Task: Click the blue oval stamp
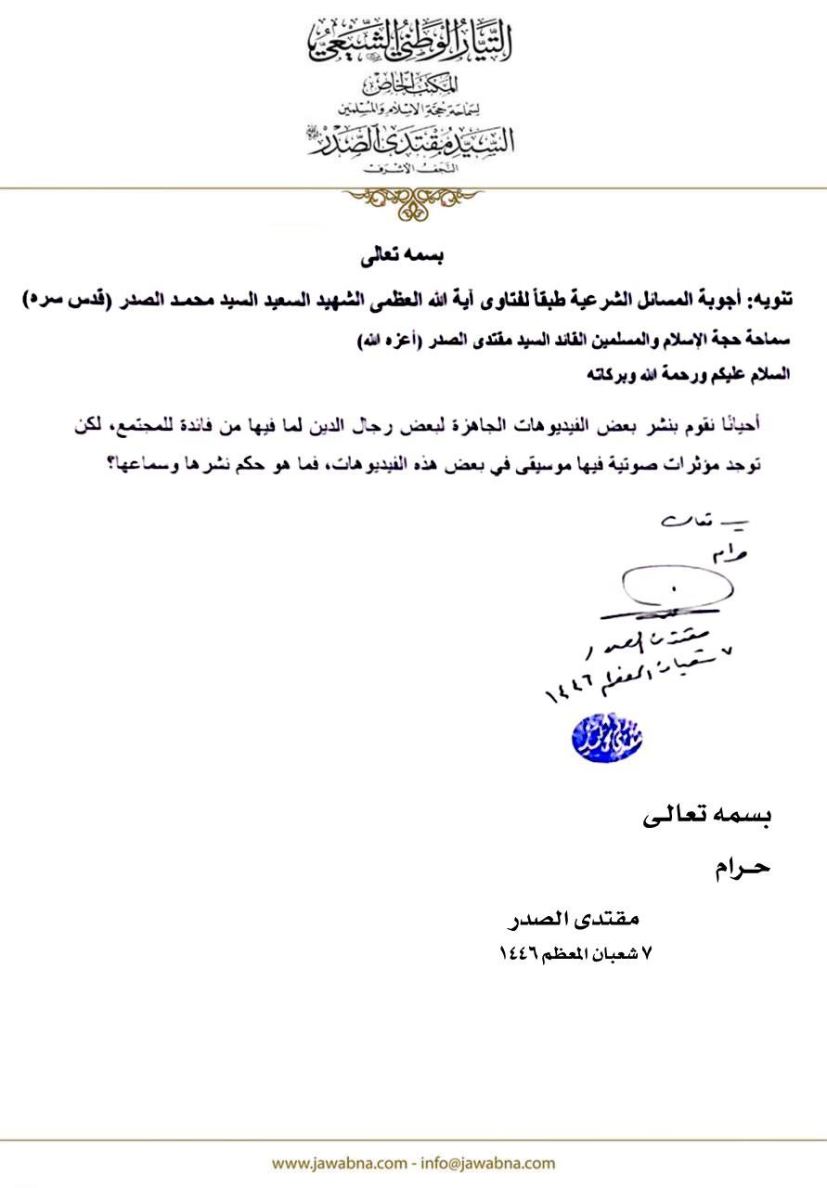607,737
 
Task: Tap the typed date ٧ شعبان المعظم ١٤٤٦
575,952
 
